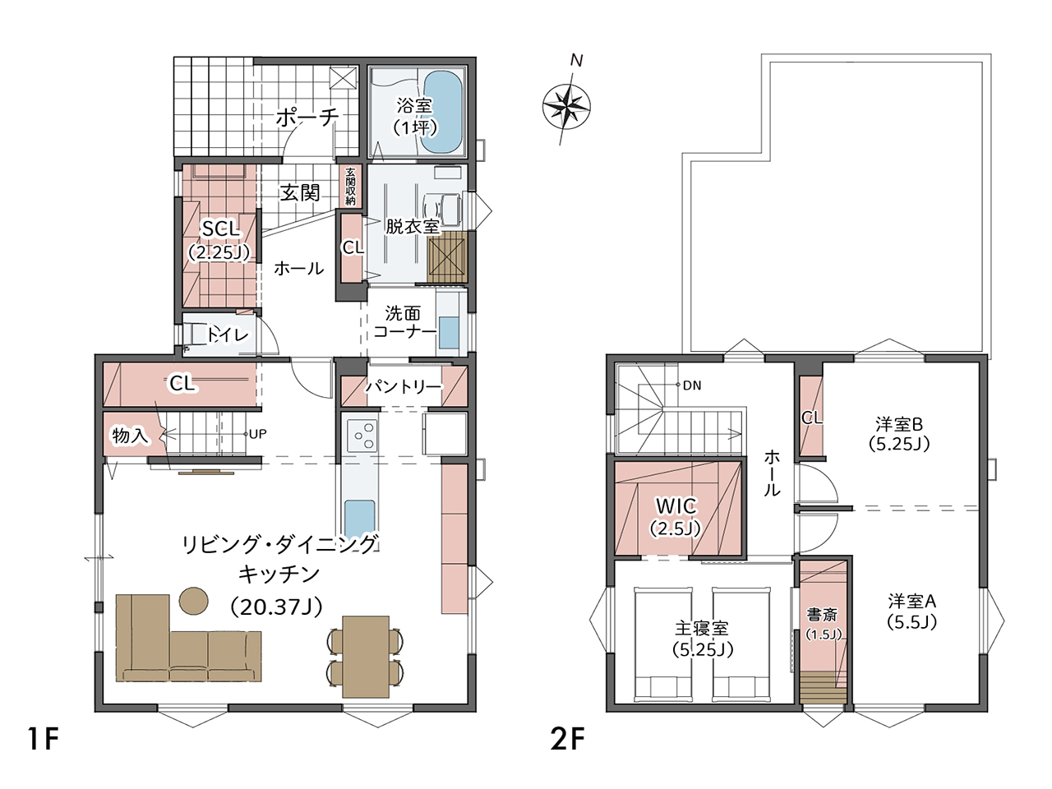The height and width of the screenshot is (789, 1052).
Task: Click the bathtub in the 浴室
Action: [444, 110]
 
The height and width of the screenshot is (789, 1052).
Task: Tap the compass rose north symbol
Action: [566, 107]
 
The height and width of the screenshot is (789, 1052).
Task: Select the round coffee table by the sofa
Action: [194, 600]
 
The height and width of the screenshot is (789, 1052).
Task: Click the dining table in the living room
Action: [365, 657]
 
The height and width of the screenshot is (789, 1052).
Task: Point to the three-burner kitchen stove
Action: [362, 435]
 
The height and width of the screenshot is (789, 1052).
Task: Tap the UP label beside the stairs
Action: [257, 434]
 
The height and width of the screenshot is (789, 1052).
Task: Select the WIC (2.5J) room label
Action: [676, 516]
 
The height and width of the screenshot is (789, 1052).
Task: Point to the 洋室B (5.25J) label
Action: [899, 434]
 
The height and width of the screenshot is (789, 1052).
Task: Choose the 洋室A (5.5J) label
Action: [912, 611]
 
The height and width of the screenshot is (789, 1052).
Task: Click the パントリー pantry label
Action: [404, 386]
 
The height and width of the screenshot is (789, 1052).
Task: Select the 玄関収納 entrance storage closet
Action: [351, 186]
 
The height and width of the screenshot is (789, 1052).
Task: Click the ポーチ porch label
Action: [307, 117]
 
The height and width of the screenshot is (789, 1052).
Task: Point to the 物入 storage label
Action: [130, 436]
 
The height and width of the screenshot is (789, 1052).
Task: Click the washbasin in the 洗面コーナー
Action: [449, 333]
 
